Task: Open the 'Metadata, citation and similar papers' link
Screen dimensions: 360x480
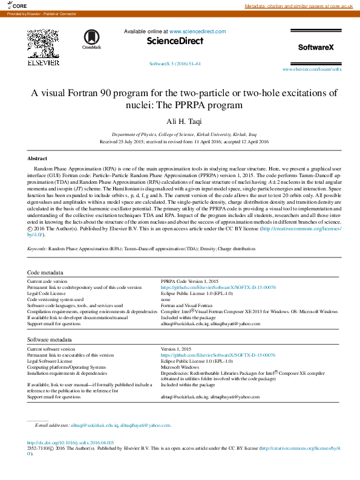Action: tap(298, 6)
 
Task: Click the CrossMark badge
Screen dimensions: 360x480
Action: tap(92, 39)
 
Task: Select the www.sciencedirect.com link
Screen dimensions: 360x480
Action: tap(197, 31)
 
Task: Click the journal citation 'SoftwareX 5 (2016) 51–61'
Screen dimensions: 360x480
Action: tap(175, 63)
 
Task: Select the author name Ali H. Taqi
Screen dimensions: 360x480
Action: tap(180, 122)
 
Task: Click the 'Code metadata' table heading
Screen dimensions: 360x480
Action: tap(45, 273)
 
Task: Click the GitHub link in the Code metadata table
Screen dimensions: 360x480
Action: tap(218, 288)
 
